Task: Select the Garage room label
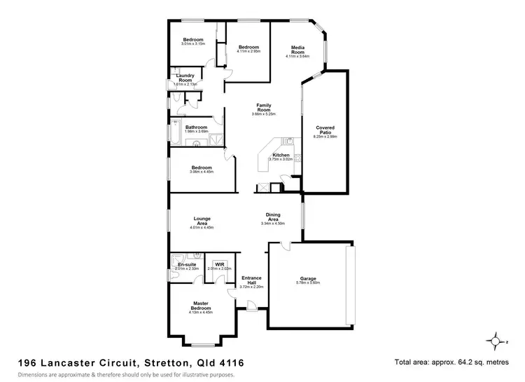pos(309,278)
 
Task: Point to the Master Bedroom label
pos(201,306)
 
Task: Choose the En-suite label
pos(187,264)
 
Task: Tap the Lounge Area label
pos(202,221)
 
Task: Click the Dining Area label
pos(273,217)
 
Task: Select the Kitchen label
pos(281,154)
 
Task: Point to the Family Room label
pos(264,107)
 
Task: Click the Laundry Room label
pos(185,78)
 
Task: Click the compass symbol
pos(496,341)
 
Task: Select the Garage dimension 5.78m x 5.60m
pos(309,282)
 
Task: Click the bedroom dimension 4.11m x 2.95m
pos(248,50)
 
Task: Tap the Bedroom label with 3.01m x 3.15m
pos(192,39)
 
